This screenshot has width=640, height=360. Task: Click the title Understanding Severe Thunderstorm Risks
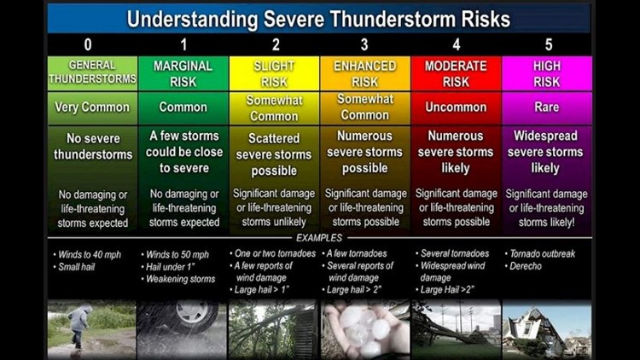click(318, 19)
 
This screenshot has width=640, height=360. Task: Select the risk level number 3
click(364, 44)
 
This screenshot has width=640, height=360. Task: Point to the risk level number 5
click(546, 44)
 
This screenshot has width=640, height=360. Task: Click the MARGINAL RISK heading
click(183, 73)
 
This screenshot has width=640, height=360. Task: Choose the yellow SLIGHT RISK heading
click(273, 73)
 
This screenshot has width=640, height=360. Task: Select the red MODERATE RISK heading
click(455, 73)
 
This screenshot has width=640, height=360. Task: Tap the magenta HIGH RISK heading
click(546, 73)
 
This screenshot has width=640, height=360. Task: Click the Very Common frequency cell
click(91, 107)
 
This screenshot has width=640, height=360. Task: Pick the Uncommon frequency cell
click(455, 107)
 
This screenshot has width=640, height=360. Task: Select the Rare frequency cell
click(546, 107)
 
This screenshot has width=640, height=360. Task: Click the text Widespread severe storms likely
click(546, 152)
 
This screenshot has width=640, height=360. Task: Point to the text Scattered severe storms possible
click(273, 154)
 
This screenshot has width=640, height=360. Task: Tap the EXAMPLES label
click(319, 238)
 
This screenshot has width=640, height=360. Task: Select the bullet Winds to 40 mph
click(85, 253)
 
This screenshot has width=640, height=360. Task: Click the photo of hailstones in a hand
click(364, 328)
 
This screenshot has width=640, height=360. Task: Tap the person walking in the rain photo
click(79, 326)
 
